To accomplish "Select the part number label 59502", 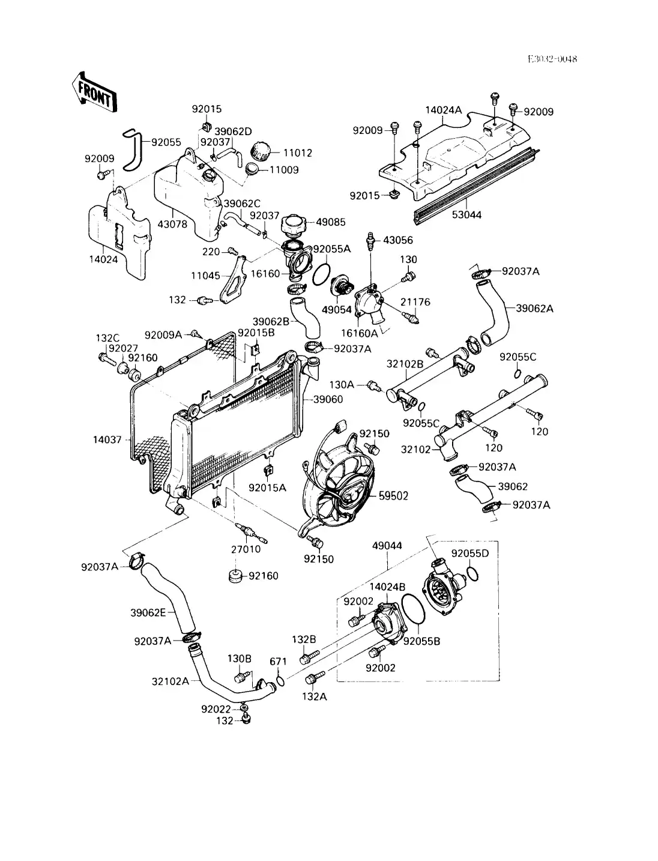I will click(x=393, y=495).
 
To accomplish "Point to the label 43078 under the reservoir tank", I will click(x=172, y=224).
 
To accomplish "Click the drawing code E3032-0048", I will click(x=552, y=59).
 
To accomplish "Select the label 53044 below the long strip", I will click(x=466, y=214).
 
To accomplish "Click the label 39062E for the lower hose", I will click(x=148, y=612).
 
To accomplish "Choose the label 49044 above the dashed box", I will click(x=387, y=546).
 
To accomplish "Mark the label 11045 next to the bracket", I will click(x=206, y=276).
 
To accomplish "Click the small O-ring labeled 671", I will click(x=280, y=680).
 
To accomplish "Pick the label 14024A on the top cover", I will click(x=444, y=110).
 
